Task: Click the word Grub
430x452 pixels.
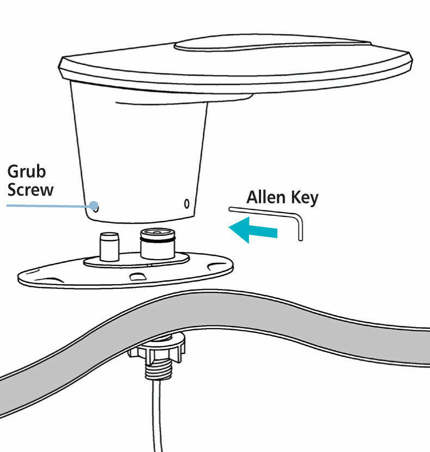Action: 27,172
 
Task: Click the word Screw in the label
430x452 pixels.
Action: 31,190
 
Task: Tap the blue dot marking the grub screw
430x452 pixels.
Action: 95,207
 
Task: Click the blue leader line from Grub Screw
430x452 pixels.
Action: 49,206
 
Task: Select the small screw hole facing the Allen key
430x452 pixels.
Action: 186,204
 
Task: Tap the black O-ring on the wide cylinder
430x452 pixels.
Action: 157,236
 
